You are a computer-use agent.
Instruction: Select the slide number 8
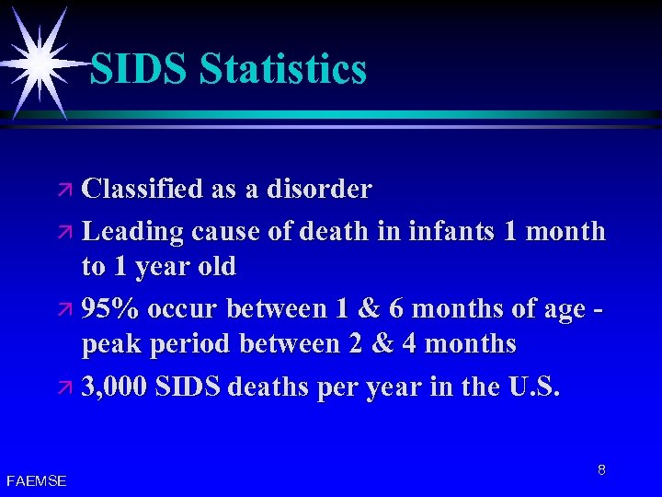click(x=601, y=470)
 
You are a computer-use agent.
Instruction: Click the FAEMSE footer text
click(x=36, y=480)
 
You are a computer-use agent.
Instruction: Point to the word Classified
click(x=143, y=190)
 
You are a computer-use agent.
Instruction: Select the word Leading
click(x=133, y=231)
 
